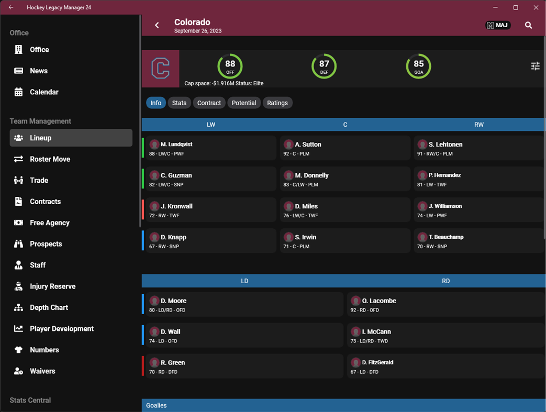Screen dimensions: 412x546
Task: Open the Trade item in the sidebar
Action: (x=39, y=180)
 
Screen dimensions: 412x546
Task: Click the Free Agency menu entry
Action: (x=49, y=222)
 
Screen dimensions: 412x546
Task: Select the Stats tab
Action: (x=179, y=103)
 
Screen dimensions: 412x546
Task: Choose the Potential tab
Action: (x=244, y=103)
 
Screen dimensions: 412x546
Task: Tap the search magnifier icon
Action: (x=528, y=25)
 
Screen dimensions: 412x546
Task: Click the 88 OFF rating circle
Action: (x=230, y=66)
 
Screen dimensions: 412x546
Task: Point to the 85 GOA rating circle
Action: (x=418, y=66)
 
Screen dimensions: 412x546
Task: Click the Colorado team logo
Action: (x=160, y=69)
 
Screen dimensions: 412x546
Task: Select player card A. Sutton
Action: (x=344, y=148)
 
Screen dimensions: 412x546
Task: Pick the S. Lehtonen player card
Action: (x=478, y=148)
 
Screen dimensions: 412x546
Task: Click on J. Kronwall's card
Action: (x=210, y=210)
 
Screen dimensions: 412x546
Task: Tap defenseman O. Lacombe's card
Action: (x=445, y=305)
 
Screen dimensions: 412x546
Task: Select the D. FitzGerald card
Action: (x=445, y=366)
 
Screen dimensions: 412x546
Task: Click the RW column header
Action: (x=478, y=125)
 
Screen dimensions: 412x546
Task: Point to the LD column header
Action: (x=244, y=281)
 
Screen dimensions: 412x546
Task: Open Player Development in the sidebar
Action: (x=61, y=329)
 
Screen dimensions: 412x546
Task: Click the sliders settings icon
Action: (x=535, y=66)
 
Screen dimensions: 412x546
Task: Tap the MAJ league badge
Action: (x=497, y=25)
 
